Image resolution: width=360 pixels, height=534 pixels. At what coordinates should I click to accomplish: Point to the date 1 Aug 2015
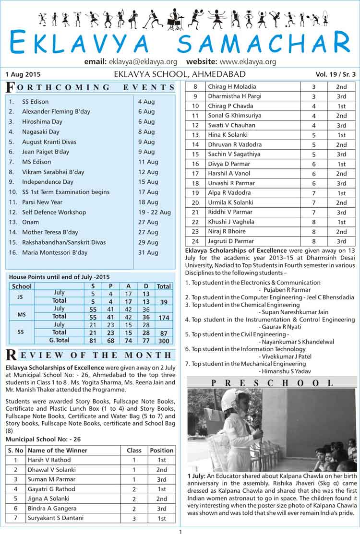(23, 74)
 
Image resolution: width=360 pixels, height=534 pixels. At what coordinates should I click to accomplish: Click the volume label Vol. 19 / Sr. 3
(336, 74)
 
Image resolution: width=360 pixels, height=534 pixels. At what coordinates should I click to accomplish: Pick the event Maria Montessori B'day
(55, 252)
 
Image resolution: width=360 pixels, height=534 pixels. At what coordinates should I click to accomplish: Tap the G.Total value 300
(164, 340)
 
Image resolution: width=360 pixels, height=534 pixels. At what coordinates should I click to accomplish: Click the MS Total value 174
(164, 317)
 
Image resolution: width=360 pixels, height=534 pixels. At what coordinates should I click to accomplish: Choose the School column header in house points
(22, 286)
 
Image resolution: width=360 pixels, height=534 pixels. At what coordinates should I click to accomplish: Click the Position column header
(161, 450)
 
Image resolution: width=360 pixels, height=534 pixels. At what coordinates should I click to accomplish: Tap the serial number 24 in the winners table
(195, 241)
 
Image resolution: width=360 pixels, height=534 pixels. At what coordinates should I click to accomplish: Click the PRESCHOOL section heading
(272, 382)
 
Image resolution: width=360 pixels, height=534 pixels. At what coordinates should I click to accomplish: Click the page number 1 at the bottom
(180, 531)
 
